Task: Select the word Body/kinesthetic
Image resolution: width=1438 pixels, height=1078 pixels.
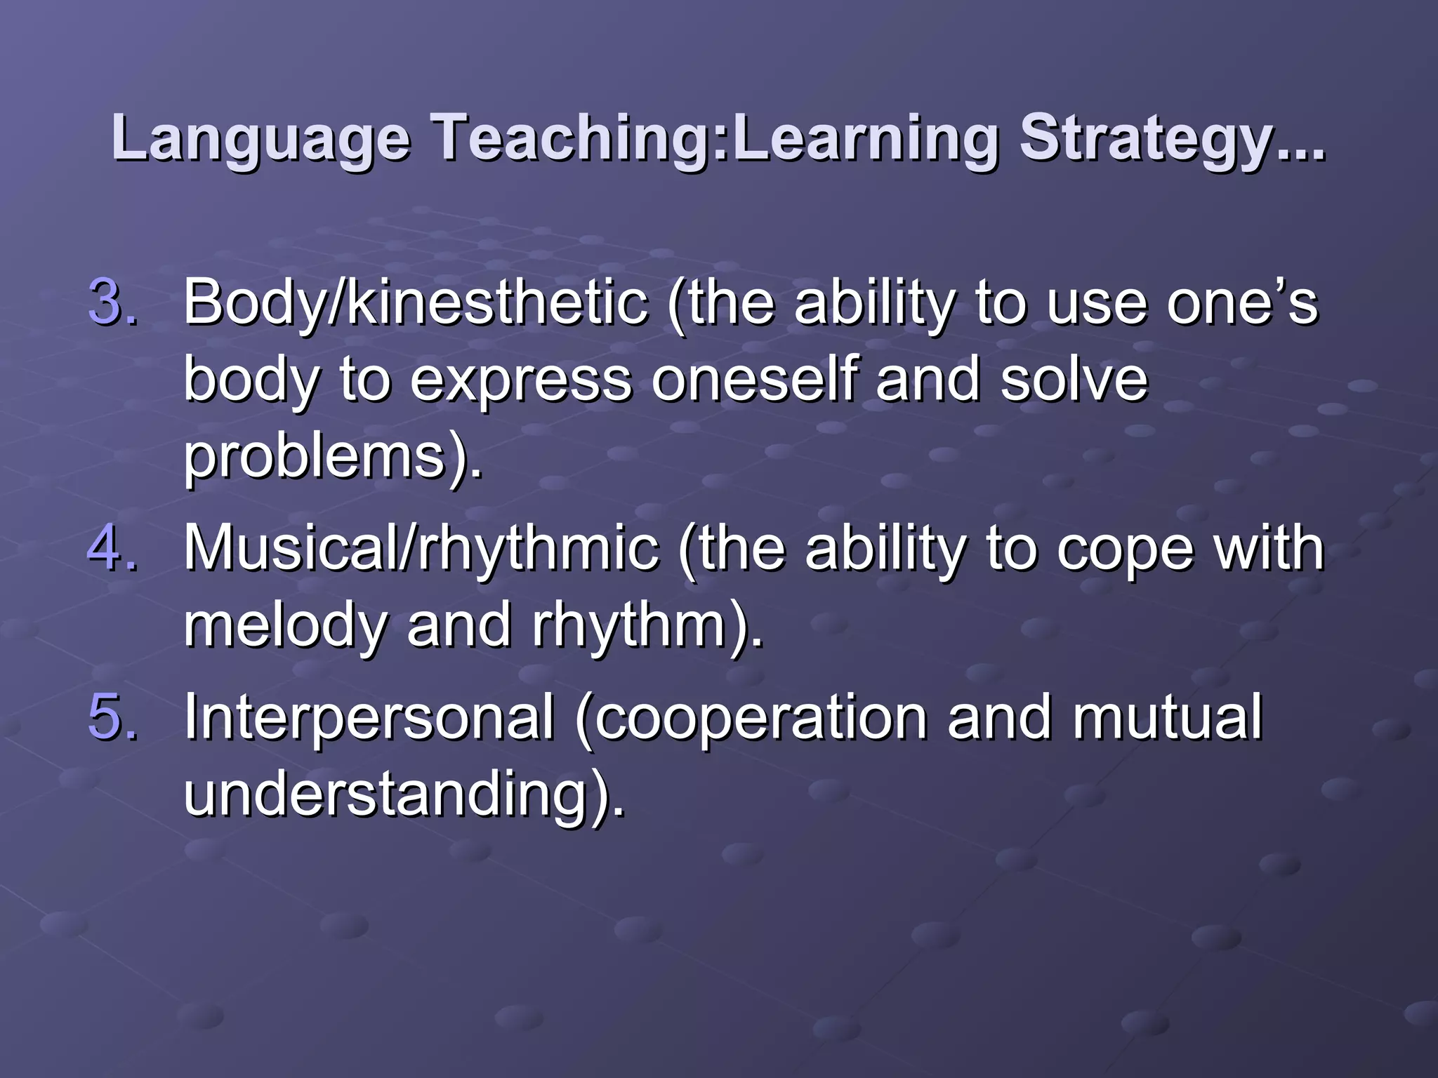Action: (x=416, y=302)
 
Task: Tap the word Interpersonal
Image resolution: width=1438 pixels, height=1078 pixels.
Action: (x=369, y=717)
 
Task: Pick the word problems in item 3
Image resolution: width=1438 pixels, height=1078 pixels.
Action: (x=316, y=457)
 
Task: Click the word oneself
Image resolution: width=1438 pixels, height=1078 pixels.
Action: (x=755, y=380)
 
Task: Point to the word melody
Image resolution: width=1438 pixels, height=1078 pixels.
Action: (x=285, y=625)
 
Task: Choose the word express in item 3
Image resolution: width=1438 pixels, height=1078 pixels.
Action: (x=520, y=380)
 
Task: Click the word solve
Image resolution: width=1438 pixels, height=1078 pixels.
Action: (x=1074, y=380)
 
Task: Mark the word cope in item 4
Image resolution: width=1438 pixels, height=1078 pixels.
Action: (x=1124, y=548)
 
